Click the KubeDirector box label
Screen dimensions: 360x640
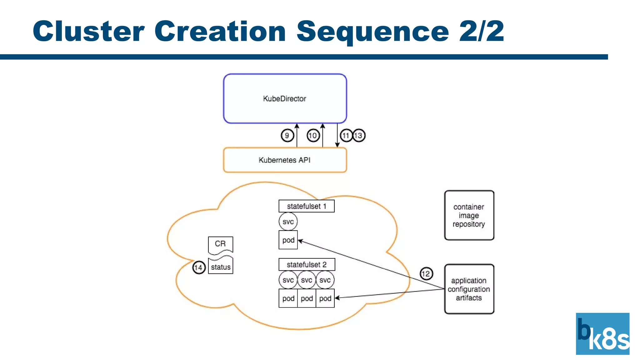[284, 99]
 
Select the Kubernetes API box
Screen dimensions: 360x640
[285, 160]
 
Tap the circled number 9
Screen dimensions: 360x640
[287, 136]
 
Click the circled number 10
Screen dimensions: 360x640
[313, 136]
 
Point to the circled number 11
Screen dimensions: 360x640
[346, 136]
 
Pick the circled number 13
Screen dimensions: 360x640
[359, 136]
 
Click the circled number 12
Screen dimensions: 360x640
[426, 274]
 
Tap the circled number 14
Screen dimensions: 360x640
[199, 267]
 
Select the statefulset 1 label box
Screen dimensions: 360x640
[306, 206]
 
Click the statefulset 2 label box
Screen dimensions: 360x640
[307, 265]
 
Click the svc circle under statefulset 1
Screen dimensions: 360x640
[288, 222]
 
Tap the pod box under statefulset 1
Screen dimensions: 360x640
[288, 240]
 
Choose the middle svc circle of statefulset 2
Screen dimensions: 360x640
[307, 280]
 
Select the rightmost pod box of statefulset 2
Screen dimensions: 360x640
[325, 298]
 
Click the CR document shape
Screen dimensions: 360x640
[220, 244]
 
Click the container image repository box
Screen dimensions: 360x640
[469, 215]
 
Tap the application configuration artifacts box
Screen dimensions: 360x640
[469, 289]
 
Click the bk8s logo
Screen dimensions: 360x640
[602, 334]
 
